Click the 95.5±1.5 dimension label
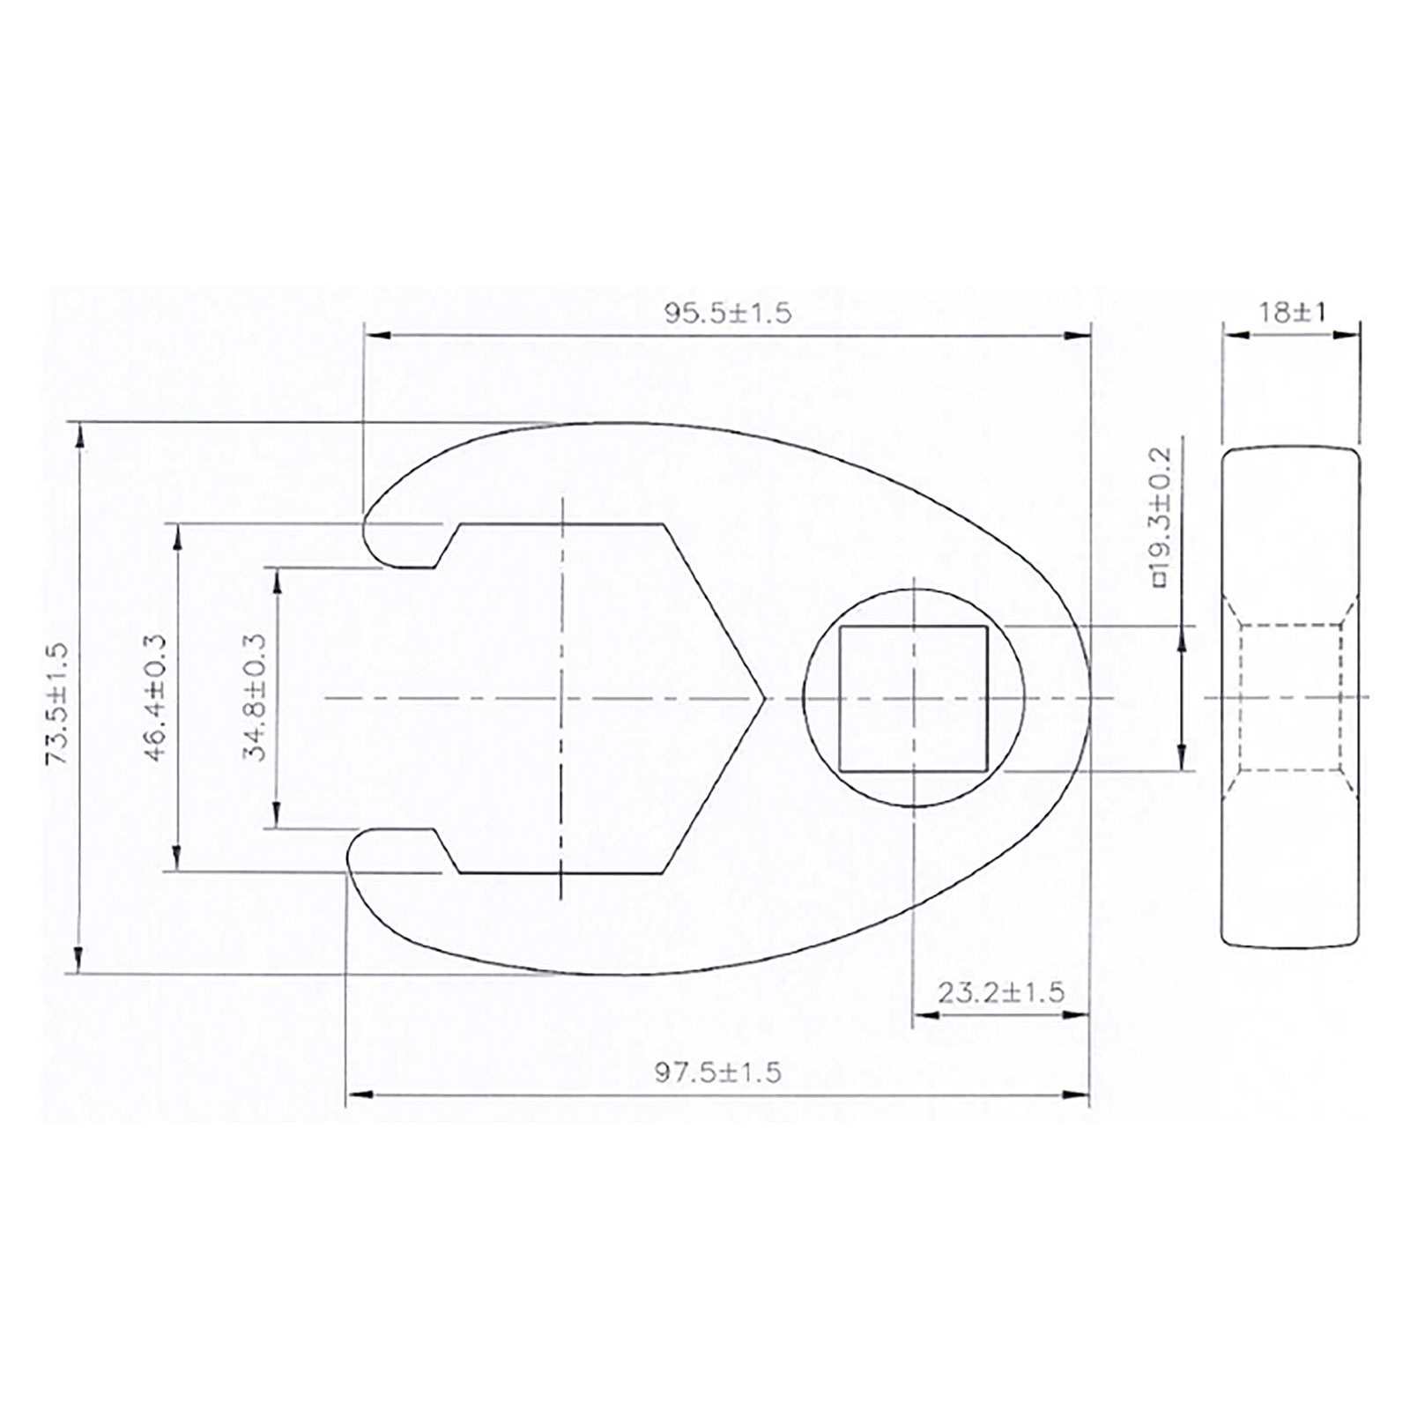click(728, 313)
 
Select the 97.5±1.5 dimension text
click(717, 1072)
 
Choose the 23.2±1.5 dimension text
click(1000, 992)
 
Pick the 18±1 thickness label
click(1292, 312)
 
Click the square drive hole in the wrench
click(913, 699)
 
